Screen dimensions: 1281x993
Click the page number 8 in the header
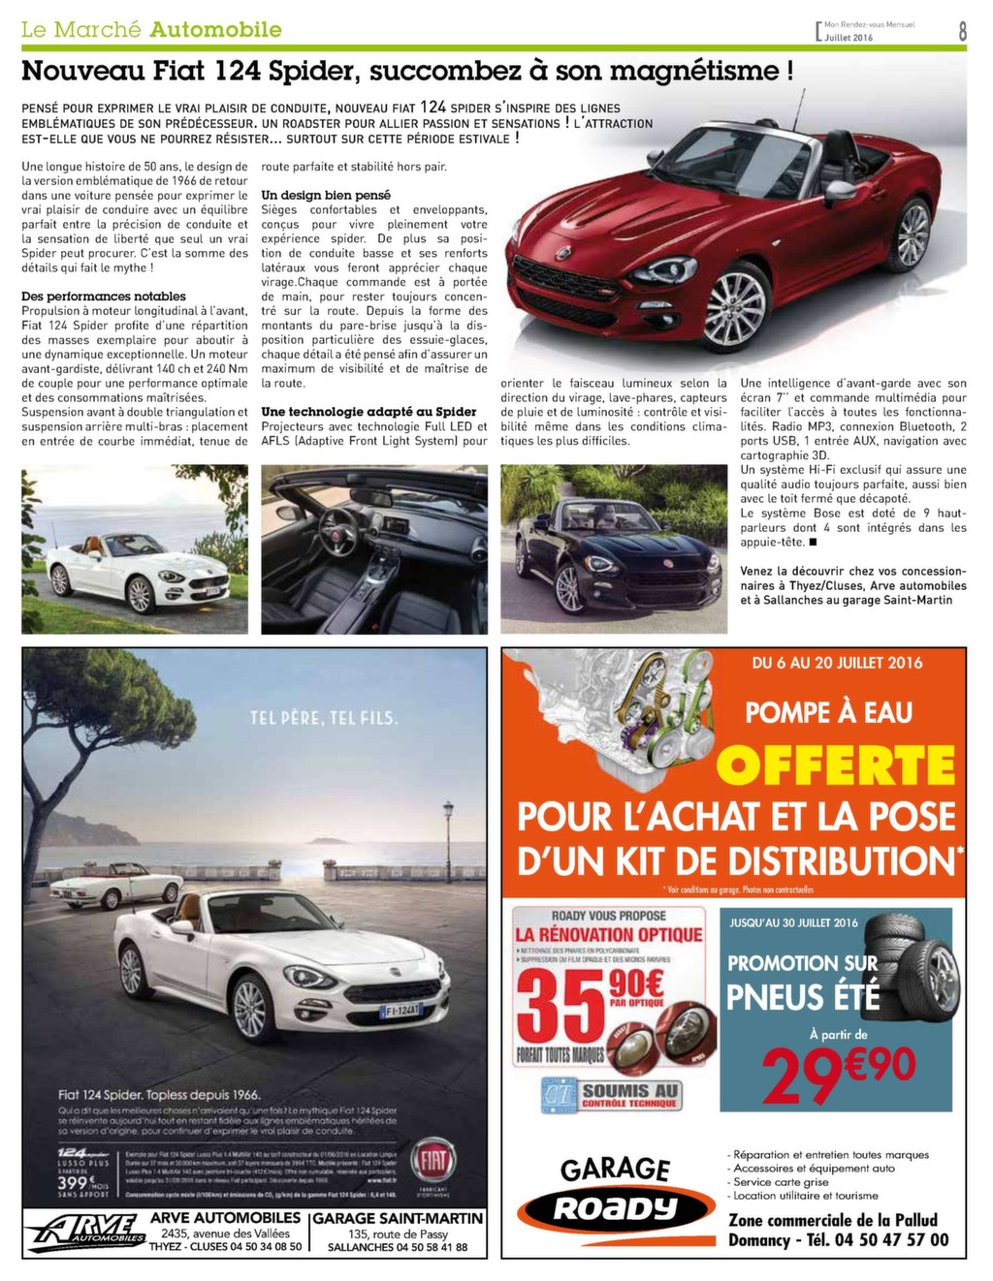[962, 30]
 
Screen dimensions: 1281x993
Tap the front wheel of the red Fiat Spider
[735, 306]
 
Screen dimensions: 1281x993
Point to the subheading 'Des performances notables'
[104, 297]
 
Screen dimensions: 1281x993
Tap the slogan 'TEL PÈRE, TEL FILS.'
[324, 718]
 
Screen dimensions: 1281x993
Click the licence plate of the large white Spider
[400, 1011]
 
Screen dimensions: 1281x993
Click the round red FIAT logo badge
[432, 1162]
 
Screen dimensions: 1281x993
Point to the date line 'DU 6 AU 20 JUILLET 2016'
[837, 664]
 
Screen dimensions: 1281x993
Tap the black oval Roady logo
[615, 1208]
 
